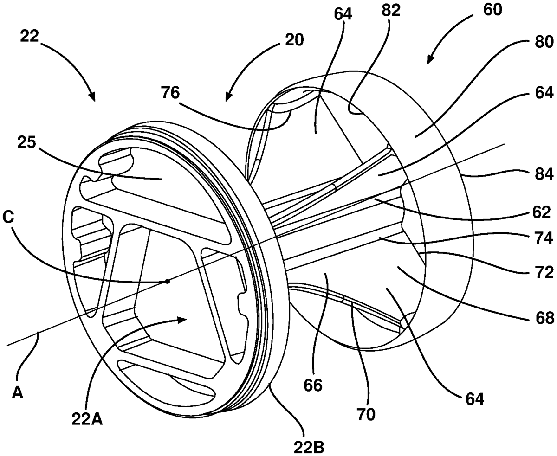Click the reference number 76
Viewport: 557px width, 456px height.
coord(171,93)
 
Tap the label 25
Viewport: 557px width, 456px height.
coord(26,143)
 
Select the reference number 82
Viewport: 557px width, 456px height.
coord(391,11)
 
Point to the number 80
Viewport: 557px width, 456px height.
coord(544,42)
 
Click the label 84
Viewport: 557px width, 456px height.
coord(544,174)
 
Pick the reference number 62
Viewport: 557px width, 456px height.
coord(541,212)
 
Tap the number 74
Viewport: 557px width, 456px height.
coord(544,238)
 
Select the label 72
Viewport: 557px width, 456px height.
coord(544,272)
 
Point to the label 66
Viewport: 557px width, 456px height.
coord(313,385)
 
